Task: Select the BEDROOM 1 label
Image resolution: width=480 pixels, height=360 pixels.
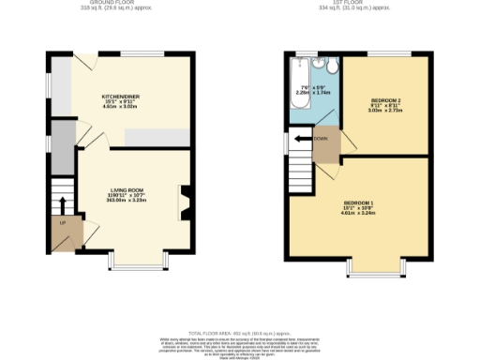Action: pos(359,203)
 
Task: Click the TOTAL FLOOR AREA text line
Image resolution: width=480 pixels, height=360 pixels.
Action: pos(238,334)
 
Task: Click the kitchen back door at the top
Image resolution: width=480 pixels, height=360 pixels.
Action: pos(85,62)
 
